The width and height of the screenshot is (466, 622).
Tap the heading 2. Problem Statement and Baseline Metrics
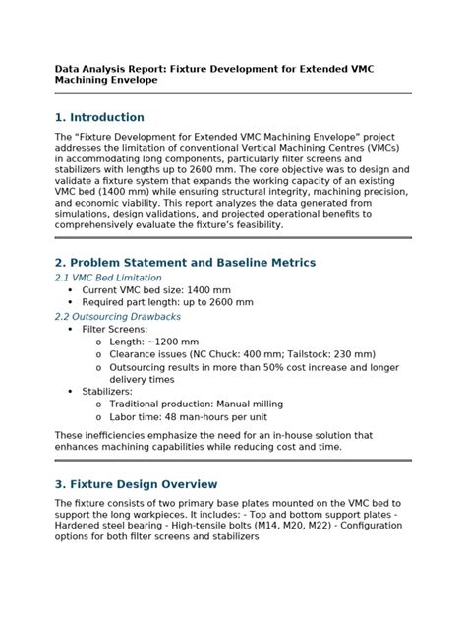point(185,263)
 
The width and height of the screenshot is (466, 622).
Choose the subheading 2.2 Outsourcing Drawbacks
point(117,317)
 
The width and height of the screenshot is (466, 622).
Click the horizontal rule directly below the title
point(233,93)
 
